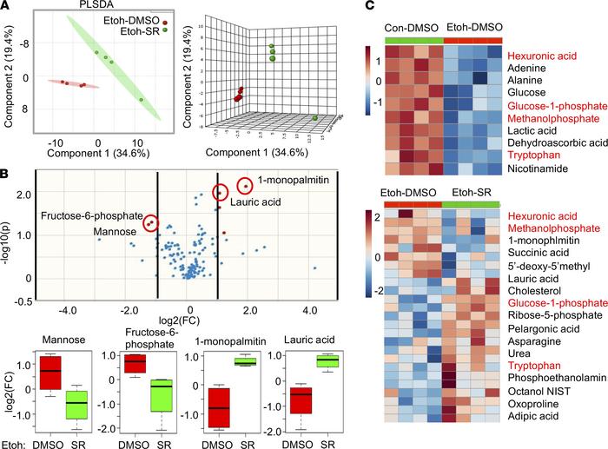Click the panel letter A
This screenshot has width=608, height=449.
[x=7, y=7]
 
